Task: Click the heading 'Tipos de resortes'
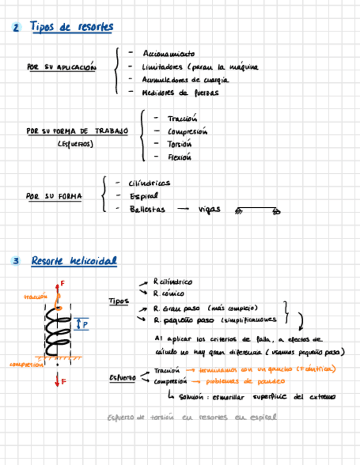pos(71,27)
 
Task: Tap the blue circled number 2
pos(16,28)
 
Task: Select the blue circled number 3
pos(16,262)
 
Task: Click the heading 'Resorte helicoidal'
pos(74,261)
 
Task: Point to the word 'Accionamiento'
pos(168,54)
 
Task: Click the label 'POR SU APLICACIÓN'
pos(61,67)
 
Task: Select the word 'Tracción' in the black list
pos(182,118)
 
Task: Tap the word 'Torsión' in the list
pos(180,144)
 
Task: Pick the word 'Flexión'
pos(180,157)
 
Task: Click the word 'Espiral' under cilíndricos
pos(144,196)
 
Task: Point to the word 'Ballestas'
pos(147,209)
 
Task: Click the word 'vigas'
pos(209,209)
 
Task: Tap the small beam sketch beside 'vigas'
pos(257,210)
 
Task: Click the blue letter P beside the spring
pos(85,325)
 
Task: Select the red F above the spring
pos(62,283)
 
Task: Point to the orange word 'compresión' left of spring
pos(26,364)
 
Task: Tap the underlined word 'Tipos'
pos(119,301)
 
